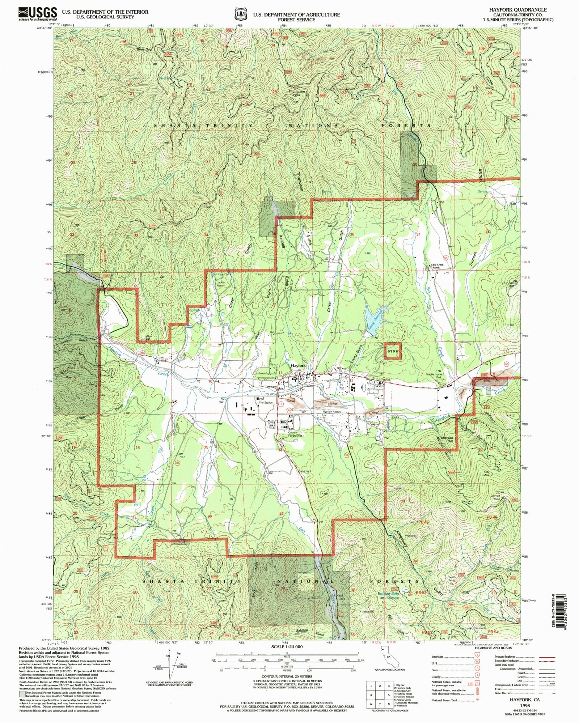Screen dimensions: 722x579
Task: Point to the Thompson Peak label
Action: coord(297,93)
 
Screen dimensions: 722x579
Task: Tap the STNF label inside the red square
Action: coord(393,351)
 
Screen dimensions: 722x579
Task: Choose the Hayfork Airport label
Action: coord(332,412)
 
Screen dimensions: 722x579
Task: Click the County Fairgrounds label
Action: coord(295,434)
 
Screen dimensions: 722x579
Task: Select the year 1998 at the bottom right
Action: coord(525,705)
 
